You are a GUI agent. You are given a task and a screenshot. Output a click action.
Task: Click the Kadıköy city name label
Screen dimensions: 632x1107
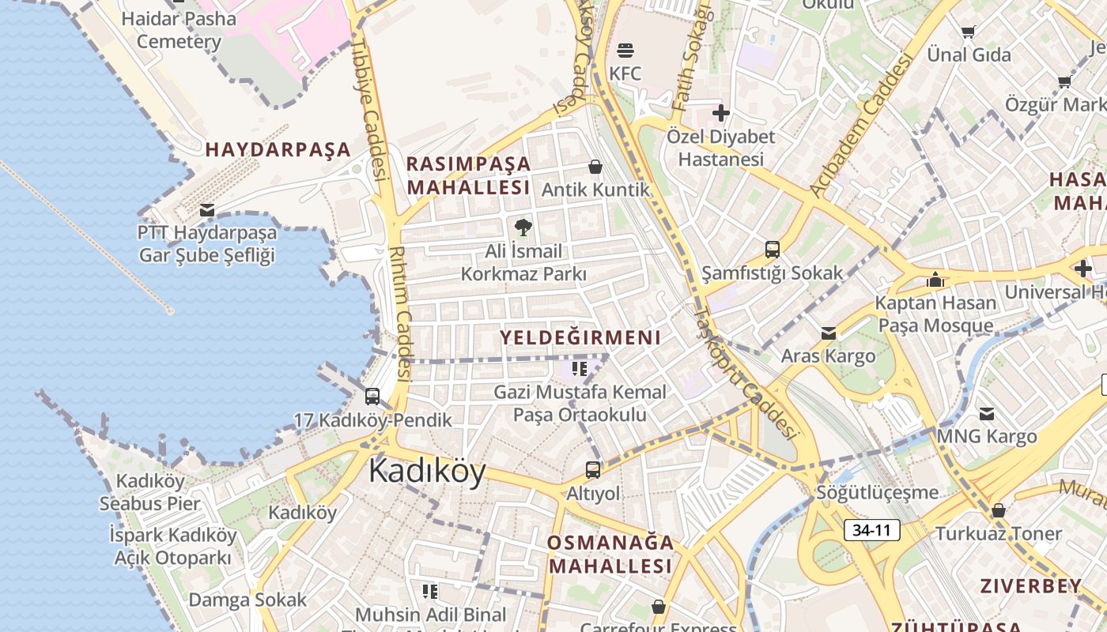pos(427,472)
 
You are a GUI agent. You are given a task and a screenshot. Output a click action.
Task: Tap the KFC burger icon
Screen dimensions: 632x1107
pos(625,51)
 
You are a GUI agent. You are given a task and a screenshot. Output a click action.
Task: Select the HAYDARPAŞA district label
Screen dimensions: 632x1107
pos(278,149)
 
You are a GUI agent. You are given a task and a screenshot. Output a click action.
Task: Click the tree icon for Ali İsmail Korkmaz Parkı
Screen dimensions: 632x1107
pos(523,228)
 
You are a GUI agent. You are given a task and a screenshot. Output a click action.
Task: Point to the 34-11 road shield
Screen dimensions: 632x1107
pos(871,530)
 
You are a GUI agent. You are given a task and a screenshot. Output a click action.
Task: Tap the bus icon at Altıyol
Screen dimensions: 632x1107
pos(593,470)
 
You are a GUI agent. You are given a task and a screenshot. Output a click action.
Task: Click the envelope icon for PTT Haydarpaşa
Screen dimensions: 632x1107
pos(207,210)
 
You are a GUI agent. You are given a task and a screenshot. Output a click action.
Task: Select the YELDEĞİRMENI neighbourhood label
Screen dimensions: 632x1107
pos(580,338)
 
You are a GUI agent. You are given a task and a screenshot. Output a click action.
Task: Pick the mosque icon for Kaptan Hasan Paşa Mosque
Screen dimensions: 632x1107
pos(935,280)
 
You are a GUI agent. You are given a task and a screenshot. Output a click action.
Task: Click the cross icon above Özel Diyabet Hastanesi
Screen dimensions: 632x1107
pos(720,113)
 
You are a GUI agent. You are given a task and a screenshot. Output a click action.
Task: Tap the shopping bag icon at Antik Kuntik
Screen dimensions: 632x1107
pos(595,167)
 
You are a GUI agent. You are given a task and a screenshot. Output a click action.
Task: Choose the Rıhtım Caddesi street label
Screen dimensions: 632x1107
pos(401,312)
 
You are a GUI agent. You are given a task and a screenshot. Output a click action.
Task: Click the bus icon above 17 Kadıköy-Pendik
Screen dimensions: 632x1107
pos(372,397)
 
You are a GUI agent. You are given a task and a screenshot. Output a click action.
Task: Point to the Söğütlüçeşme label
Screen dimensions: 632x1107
pos(878,493)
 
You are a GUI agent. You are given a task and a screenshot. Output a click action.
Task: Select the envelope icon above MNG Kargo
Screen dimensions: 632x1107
pos(987,413)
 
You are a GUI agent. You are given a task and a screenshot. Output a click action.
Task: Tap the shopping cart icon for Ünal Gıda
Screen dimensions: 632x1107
pos(969,32)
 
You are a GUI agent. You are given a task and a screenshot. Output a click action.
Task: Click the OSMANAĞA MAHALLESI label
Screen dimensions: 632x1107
pos(610,554)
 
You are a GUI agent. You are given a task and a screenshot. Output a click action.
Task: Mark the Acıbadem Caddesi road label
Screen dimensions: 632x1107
pos(861,124)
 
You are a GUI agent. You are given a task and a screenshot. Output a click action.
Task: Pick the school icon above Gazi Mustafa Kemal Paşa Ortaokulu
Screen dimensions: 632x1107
pos(580,368)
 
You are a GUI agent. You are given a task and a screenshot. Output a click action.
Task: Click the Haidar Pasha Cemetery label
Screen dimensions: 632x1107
pos(179,30)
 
